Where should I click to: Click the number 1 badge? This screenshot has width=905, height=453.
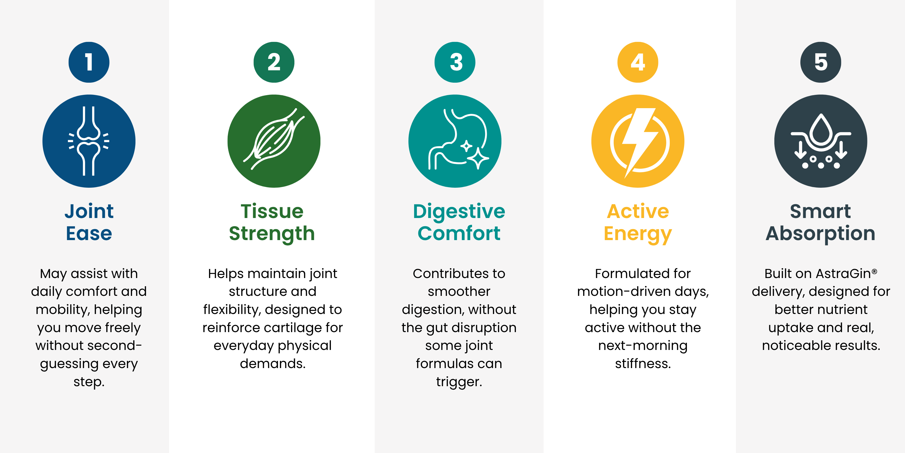[89, 62]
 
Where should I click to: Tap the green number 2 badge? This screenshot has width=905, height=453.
[274, 62]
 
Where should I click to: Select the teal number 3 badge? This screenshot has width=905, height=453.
[455, 62]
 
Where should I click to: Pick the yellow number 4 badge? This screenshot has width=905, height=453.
[638, 62]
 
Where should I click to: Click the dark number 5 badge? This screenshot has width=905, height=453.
[821, 62]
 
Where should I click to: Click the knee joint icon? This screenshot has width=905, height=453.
[89, 141]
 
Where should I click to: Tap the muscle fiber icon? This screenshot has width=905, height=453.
[274, 139]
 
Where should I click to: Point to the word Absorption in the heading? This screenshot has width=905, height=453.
[821, 234]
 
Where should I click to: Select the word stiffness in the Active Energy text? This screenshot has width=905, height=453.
[643, 363]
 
